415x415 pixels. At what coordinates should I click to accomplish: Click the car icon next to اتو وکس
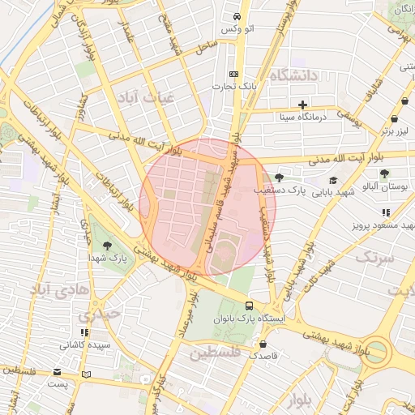[x=237, y=16]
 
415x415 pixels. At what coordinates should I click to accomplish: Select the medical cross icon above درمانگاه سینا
[x=302, y=105]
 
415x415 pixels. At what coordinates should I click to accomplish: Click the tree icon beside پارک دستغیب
[x=280, y=178]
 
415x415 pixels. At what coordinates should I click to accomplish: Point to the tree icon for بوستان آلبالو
[x=384, y=173]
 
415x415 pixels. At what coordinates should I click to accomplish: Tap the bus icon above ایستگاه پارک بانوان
[x=249, y=306]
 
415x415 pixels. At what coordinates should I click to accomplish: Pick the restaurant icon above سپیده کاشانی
[x=84, y=332]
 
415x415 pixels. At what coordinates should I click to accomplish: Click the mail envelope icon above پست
[x=57, y=372]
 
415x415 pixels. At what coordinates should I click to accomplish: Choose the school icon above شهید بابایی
[x=333, y=181]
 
